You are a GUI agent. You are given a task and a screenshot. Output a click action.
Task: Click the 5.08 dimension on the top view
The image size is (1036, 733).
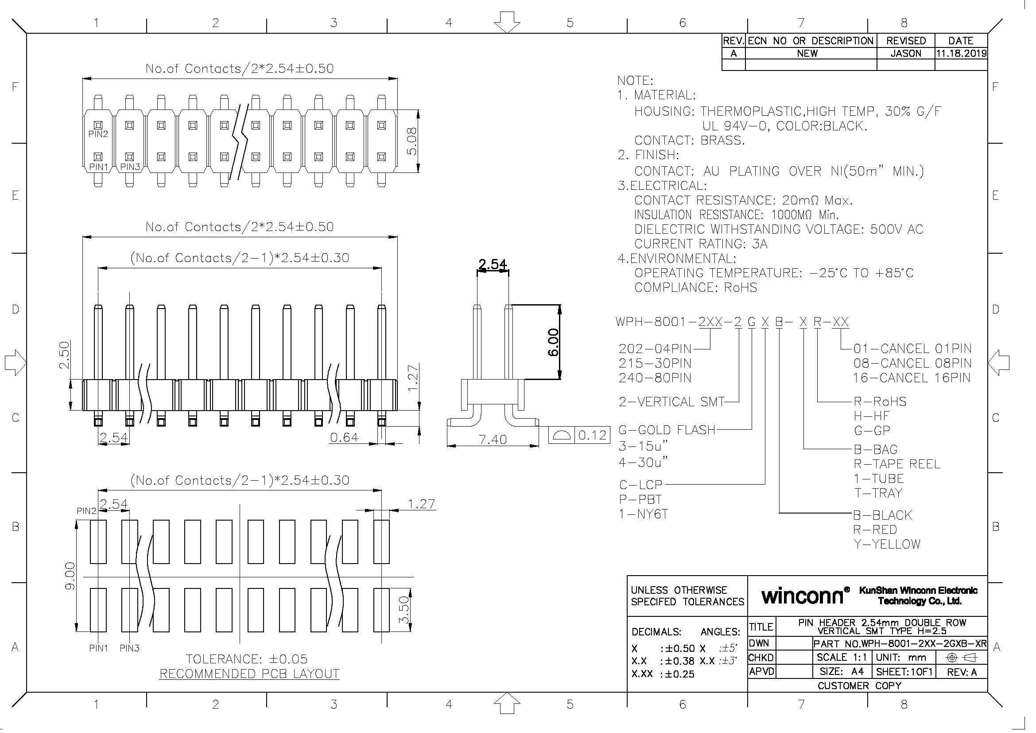coord(411,141)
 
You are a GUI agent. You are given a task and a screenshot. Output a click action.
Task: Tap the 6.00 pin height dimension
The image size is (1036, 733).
coord(553,342)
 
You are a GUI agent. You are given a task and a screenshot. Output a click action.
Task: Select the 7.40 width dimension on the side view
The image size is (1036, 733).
coord(493,439)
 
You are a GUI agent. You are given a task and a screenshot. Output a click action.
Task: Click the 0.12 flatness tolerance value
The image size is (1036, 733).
coord(592,435)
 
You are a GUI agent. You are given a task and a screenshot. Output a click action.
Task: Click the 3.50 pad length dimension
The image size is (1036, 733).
coord(404,610)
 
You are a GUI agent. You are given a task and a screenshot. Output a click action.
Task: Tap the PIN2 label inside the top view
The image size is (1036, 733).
coord(98,134)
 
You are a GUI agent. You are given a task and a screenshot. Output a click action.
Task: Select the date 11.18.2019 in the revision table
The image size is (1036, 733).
coord(961,53)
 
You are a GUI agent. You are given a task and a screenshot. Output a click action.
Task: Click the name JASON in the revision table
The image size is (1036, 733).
coord(906,53)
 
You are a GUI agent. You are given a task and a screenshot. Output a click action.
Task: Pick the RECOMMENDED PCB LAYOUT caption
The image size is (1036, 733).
coord(249,674)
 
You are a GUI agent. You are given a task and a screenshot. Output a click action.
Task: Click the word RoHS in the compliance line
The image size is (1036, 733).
coord(741,287)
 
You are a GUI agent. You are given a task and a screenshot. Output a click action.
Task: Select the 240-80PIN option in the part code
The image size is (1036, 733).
coord(655,377)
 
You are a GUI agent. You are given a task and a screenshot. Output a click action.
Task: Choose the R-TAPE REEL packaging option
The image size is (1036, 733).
coord(896,464)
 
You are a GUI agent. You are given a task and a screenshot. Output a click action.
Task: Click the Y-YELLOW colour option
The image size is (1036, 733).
coord(886,544)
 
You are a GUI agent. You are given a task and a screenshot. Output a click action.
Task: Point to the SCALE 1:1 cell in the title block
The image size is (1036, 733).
coord(842,657)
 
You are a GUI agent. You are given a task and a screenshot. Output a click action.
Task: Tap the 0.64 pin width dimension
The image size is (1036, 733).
coord(344,437)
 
